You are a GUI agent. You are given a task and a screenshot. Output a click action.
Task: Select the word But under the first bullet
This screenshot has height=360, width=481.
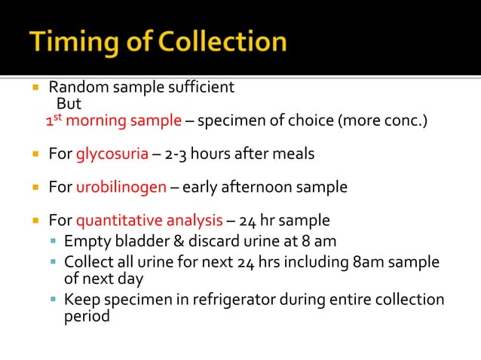click(69, 104)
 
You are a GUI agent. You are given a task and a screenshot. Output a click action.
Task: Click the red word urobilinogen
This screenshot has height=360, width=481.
click(121, 187)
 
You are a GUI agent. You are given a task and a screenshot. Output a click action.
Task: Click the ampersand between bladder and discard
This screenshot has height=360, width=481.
click(170, 242)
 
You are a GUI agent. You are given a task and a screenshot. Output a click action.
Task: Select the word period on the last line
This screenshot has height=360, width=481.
click(87, 316)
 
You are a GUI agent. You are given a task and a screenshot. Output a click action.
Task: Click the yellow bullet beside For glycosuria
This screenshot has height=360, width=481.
click(35, 154)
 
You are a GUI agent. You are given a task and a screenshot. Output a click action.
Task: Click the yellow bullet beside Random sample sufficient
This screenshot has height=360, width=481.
click(35, 87)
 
